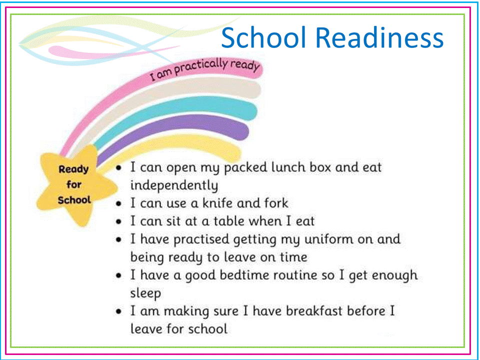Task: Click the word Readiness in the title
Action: [379, 37]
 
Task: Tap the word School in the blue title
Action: [263, 37]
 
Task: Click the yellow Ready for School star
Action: [75, 185]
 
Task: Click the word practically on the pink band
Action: [201, 67]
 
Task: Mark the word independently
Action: [174, 185]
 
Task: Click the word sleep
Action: [145, 293]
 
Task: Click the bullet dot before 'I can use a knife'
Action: [119, 204]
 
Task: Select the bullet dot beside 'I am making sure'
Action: [119, 312]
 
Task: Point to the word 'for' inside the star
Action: [74, 184]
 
